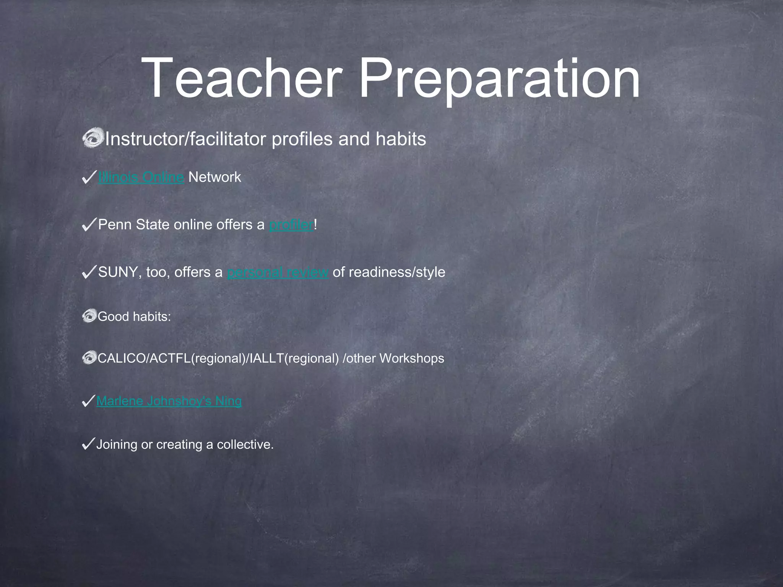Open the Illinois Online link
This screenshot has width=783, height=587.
tap(141, 177)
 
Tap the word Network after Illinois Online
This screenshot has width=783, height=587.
tap(215, 177)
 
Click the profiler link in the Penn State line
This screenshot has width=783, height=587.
tap(291, 225)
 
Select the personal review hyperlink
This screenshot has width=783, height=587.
tap(278, 272)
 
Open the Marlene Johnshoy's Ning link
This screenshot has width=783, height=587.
tap(169, 401)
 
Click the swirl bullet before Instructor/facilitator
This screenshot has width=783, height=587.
tap(93, 138)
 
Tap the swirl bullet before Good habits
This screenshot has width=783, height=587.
tap(89, 316)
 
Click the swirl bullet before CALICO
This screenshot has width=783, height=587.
tap(89, 358)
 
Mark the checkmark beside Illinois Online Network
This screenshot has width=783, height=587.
tap(89, 177)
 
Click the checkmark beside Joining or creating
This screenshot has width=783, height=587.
tap(88, 444)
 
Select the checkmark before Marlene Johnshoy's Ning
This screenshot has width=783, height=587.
tap(88, 401)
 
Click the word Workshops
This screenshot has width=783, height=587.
tap(412, 358)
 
